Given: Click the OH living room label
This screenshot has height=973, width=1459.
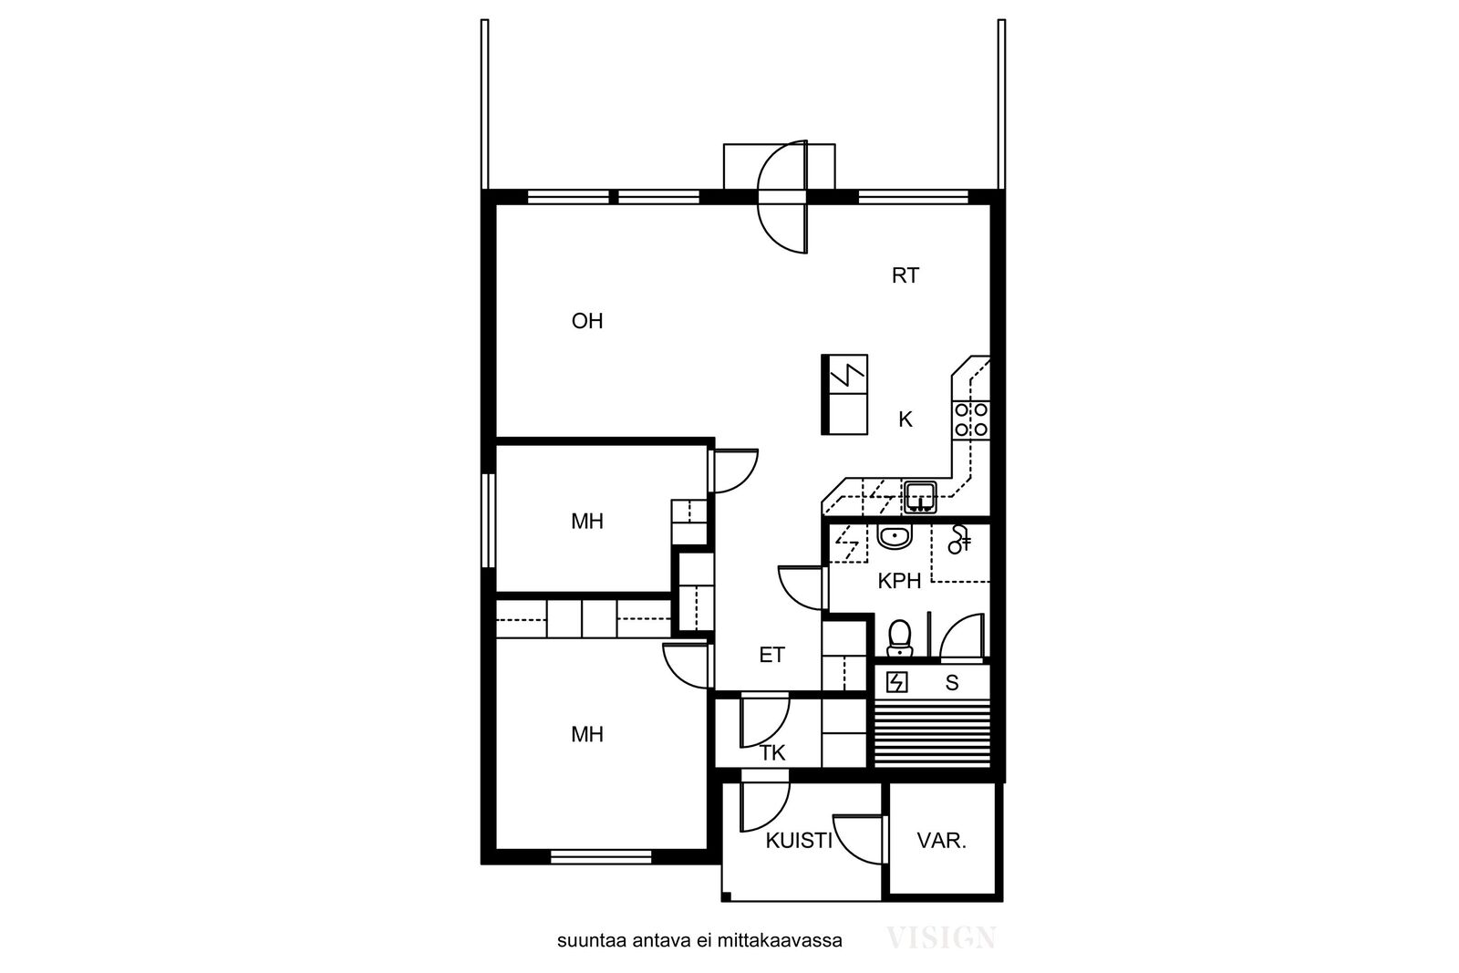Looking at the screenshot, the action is pyautogui.click(x=587, y=321).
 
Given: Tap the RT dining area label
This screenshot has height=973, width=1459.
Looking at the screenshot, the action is pyautogui.click(x=905, y=276).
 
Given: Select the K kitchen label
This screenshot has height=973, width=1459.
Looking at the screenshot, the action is pyautogui.click(x=905, y=420).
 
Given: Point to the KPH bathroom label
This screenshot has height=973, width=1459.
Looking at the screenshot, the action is pyautogui.click(x=899, y=581).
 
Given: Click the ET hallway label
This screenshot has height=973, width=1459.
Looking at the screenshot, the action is pyautogui.click(x=771, y=655).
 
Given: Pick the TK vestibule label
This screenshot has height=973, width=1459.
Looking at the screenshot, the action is pyautogui.click(x=772, y=753).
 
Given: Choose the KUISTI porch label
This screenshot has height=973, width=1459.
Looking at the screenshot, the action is pyautogui.click(x=799, y=841).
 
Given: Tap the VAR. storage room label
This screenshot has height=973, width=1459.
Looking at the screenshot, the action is pyautogui.click(x=941, y=841).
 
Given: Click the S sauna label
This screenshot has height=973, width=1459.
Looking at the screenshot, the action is pyautogui.click(x=952, y=682).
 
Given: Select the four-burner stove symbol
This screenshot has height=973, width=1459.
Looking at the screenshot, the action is pyautogui.click(x=970, y=420).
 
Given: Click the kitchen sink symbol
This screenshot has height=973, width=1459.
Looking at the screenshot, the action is pyautogui.click(x=920, y=497).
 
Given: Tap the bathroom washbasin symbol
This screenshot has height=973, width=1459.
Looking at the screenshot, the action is pyautogui.click(x=895, y=536).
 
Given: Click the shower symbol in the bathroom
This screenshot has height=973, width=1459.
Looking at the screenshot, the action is pyautogui.click(x=959, y=539).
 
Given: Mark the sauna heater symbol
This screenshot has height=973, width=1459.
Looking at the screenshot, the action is pyautogui.click(x=897, y=682).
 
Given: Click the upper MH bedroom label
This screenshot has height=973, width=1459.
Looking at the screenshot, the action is pyautogui.click(x=587, y=521).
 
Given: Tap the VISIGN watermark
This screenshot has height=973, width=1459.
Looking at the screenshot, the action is pyautogui.click(x=940, y=937).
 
